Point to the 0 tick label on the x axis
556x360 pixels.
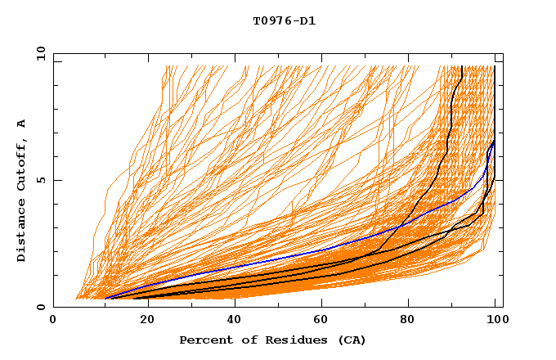[x=53, y=320]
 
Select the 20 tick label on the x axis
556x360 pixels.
[x=142, y=320]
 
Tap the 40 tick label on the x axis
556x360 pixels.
[x=231, y=320]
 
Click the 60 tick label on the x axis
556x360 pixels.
[x=320, y=320]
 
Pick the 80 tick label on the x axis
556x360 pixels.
[x=408, y=320]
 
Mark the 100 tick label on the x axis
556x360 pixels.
[x=496, y=320]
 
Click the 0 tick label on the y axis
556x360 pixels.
[x=41, y=307]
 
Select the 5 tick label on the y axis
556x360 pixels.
[x=41, y=180]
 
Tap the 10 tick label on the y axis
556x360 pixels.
[x=38, y=53]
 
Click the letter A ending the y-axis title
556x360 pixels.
[x=22, y=124]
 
